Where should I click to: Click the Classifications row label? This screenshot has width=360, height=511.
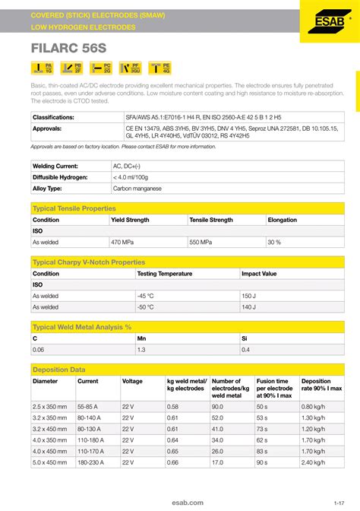pos(53,118)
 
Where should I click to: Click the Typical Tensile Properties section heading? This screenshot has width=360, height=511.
pos(74,208)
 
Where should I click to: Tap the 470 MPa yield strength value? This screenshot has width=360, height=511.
pos(123,242)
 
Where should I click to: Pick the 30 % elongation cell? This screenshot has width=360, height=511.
pos(274,242)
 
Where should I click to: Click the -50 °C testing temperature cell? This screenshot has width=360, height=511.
pos(146,306)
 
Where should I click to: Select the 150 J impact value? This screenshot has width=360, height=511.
pos(249,296)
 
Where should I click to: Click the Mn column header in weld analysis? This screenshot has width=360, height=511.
pos(141,338)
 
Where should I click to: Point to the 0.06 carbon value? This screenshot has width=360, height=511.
pos(39,349)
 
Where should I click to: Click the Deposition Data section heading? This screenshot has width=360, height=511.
pos(58,370)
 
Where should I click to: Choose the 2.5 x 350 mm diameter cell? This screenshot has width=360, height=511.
pos(50,406)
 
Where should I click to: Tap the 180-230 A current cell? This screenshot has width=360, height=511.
pos(93,462)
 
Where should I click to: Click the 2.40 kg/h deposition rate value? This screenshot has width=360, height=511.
pos(313,462)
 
